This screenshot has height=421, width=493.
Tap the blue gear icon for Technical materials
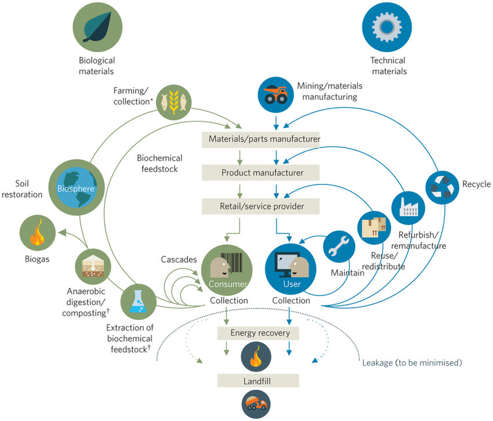[387, 26]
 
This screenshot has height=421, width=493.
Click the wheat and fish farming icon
[172, 100]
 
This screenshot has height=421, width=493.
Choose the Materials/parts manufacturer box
[261, 139]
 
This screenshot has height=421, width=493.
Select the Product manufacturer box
[261, 173]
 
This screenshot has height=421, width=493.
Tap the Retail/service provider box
[261, 205]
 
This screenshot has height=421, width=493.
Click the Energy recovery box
[257, 333]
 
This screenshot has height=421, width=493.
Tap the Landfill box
[258, 380]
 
